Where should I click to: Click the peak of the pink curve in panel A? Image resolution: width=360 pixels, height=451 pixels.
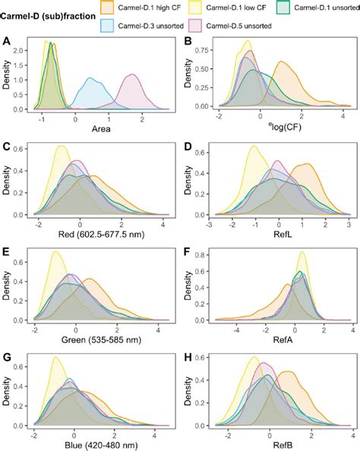click(x=134, y=74)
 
